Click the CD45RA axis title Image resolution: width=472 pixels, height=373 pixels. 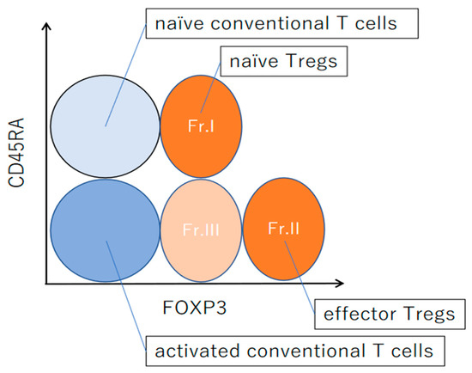click(x=16, y=153)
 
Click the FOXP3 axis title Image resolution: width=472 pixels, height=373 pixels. click(x=195, y=308)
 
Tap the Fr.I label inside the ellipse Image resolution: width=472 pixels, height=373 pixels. click(x=201, y=126)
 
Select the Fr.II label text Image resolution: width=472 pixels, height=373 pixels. click(x=283, y=229)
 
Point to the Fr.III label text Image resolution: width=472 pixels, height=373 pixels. click(x=201, y=229)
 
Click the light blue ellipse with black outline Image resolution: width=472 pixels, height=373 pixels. click(x=105, y=126)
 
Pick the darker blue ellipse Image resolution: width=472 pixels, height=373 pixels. click(x=105, y=230)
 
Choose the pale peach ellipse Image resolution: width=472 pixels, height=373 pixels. click(x=201, y=230)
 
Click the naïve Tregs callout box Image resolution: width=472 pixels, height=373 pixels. click(x=284, y=61)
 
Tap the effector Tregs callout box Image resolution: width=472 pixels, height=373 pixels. click(x=390, y=315)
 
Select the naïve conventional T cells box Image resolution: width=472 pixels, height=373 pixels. click(x=282, y=23)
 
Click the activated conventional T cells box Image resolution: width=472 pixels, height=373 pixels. click(x=295, y=352)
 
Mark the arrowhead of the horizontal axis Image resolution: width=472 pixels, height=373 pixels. click(x=340, y=283)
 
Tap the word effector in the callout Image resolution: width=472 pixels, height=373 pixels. click(x=360, y=314)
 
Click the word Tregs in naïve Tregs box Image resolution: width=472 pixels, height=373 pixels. click(x=311, y=62)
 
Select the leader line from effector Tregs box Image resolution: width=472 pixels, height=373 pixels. click(x=300, y=278)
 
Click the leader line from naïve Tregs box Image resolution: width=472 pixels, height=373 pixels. click(x=210, y=87)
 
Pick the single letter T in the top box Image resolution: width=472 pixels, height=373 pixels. click(x=342, y=23)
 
